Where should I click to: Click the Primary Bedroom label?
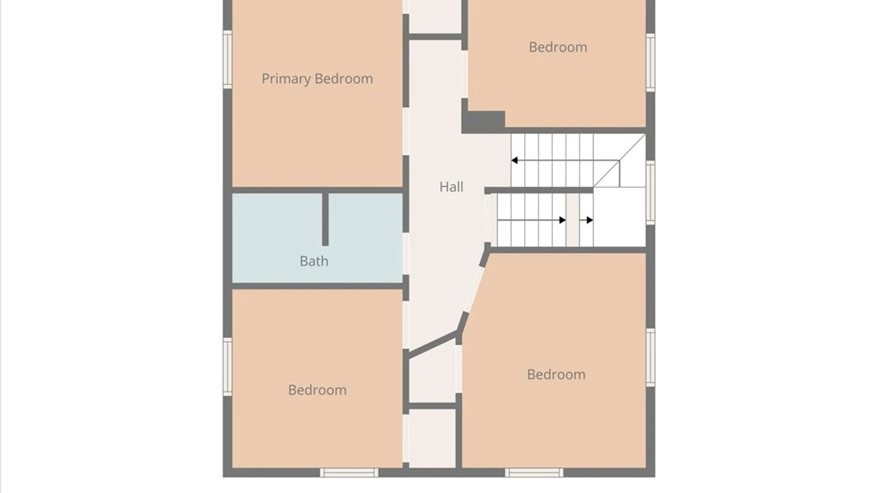coord(317,79)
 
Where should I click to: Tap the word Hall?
coord(451,187)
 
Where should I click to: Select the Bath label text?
coord(314,261)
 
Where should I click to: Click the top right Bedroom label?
coord(558,47)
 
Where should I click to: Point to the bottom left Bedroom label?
coord(317,390)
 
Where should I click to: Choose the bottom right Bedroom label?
coord(556,374)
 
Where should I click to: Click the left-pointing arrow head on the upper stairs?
coord(514,160)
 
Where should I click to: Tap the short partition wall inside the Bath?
coord(325,220)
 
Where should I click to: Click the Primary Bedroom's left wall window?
coord(227,59)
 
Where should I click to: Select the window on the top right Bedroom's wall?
coord(650,63)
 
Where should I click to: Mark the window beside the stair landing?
coord(650,192)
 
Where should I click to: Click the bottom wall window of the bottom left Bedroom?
coord(349,473)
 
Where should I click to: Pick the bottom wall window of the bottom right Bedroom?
coord(534,473)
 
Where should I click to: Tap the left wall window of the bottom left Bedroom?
coord(227,367)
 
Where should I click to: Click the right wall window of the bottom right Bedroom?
coord(650,357)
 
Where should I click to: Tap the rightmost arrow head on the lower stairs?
coord(590,220)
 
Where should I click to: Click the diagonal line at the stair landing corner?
coord(619,160)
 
